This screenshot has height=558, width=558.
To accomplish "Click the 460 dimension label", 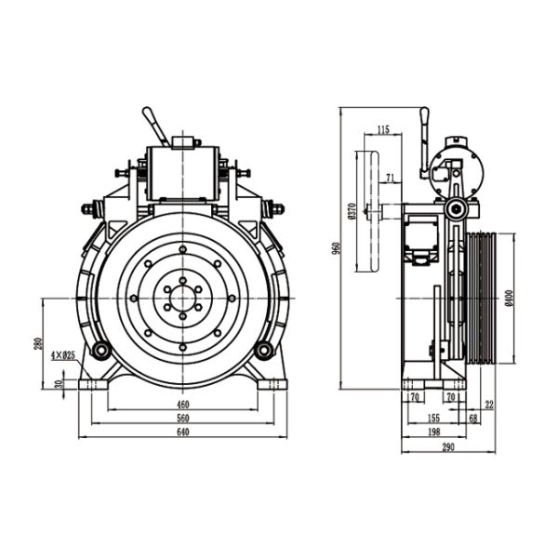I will pyautogui.click(x=183, y=404).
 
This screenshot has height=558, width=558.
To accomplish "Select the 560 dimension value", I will pyautogui.click(x=183, y=418).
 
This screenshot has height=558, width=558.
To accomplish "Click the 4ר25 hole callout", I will pyautogui.click(x=64, y=355).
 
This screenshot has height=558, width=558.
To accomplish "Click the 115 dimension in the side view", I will pyautogui.click(x=383, y=129).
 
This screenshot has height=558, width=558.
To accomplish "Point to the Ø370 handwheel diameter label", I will pyautogui.click(x=351, y=213).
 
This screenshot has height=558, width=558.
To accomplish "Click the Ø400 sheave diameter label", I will pyautogui.click(x=511, y=296).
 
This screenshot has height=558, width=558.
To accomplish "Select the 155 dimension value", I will pyautogui.click(x=436, y=418).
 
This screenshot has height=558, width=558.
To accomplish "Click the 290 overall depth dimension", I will pyautogui.click(x=448, y=446).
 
